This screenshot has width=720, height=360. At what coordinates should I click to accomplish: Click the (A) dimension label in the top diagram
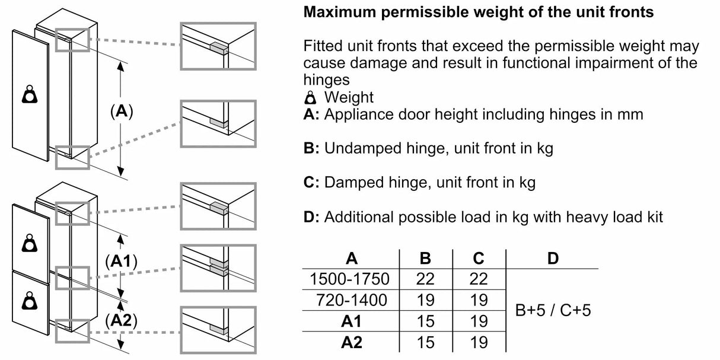point(121,111)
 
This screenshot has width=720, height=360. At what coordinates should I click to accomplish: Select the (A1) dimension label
point(121,262)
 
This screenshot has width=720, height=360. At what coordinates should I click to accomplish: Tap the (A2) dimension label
point(121,321)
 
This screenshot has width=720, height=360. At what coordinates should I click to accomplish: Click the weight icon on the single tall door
point(29,95)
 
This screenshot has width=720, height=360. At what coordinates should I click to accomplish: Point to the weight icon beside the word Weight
point(313,97)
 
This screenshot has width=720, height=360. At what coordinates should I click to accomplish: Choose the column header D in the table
point(552,258)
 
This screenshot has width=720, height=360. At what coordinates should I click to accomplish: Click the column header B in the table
point(425,258)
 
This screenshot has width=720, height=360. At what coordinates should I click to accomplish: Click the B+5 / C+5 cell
point(552,310)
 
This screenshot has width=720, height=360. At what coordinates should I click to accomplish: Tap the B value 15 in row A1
point(425,321)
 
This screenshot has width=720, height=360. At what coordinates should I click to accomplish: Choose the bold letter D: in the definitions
point(311,217)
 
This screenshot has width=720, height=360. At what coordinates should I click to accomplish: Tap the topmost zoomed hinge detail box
point(218,46)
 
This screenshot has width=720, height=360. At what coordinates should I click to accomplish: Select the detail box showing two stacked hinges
point(218,267)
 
